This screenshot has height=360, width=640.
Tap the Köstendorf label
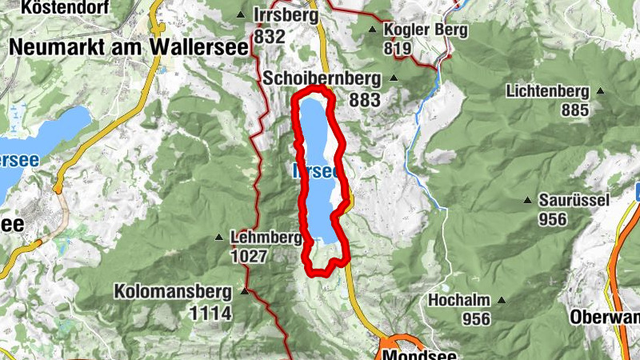(54, 9)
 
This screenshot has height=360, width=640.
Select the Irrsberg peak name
(286, 15)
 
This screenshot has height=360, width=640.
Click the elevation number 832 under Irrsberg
(270, 36)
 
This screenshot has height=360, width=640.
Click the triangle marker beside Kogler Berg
(372, 30)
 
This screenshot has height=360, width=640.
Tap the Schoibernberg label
(323, 78)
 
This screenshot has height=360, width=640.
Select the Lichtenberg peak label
(547, 91)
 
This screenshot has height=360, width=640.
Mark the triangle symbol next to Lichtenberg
(600, 91)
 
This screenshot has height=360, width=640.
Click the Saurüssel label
(574, 200)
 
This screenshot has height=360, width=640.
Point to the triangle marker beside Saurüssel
(527, 200)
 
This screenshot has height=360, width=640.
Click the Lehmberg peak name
(264, 237)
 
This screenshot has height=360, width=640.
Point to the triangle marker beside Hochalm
(502, 301)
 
